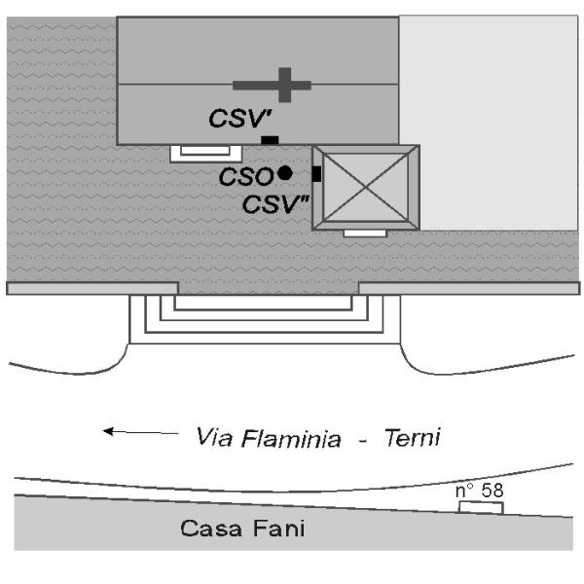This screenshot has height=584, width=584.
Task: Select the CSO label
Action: point(245,176)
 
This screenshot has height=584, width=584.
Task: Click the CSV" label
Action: point(274,204)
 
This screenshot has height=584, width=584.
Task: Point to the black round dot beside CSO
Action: point(284,173)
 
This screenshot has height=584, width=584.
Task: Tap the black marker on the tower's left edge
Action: point(316,173)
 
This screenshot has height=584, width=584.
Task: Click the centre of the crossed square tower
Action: point(366,188)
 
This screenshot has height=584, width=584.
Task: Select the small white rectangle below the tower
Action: point(365,234)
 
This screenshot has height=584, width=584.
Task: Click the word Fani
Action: point(277,530)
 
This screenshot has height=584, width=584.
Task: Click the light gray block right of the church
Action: point(490,122)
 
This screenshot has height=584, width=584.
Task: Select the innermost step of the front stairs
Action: point(263,302)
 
